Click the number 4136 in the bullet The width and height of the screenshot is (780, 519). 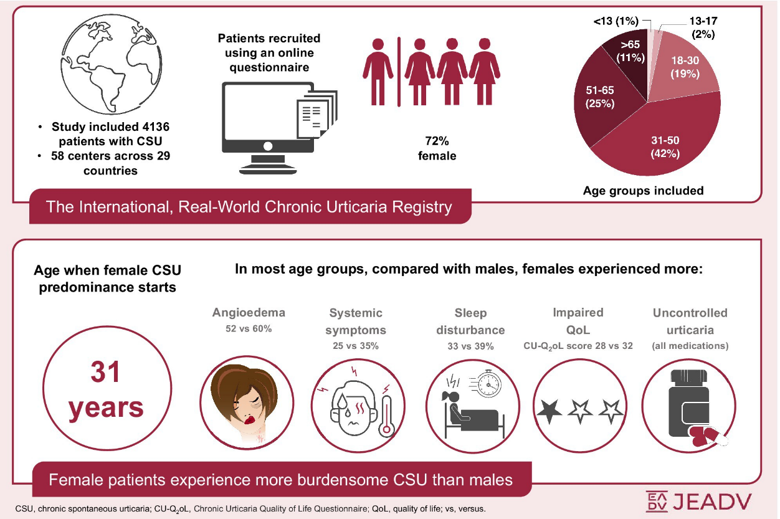click(x=151, y=127)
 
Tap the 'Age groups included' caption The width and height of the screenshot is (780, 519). click(x=643, y=191)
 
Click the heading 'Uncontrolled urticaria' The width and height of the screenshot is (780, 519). click(x=690, y=321)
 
